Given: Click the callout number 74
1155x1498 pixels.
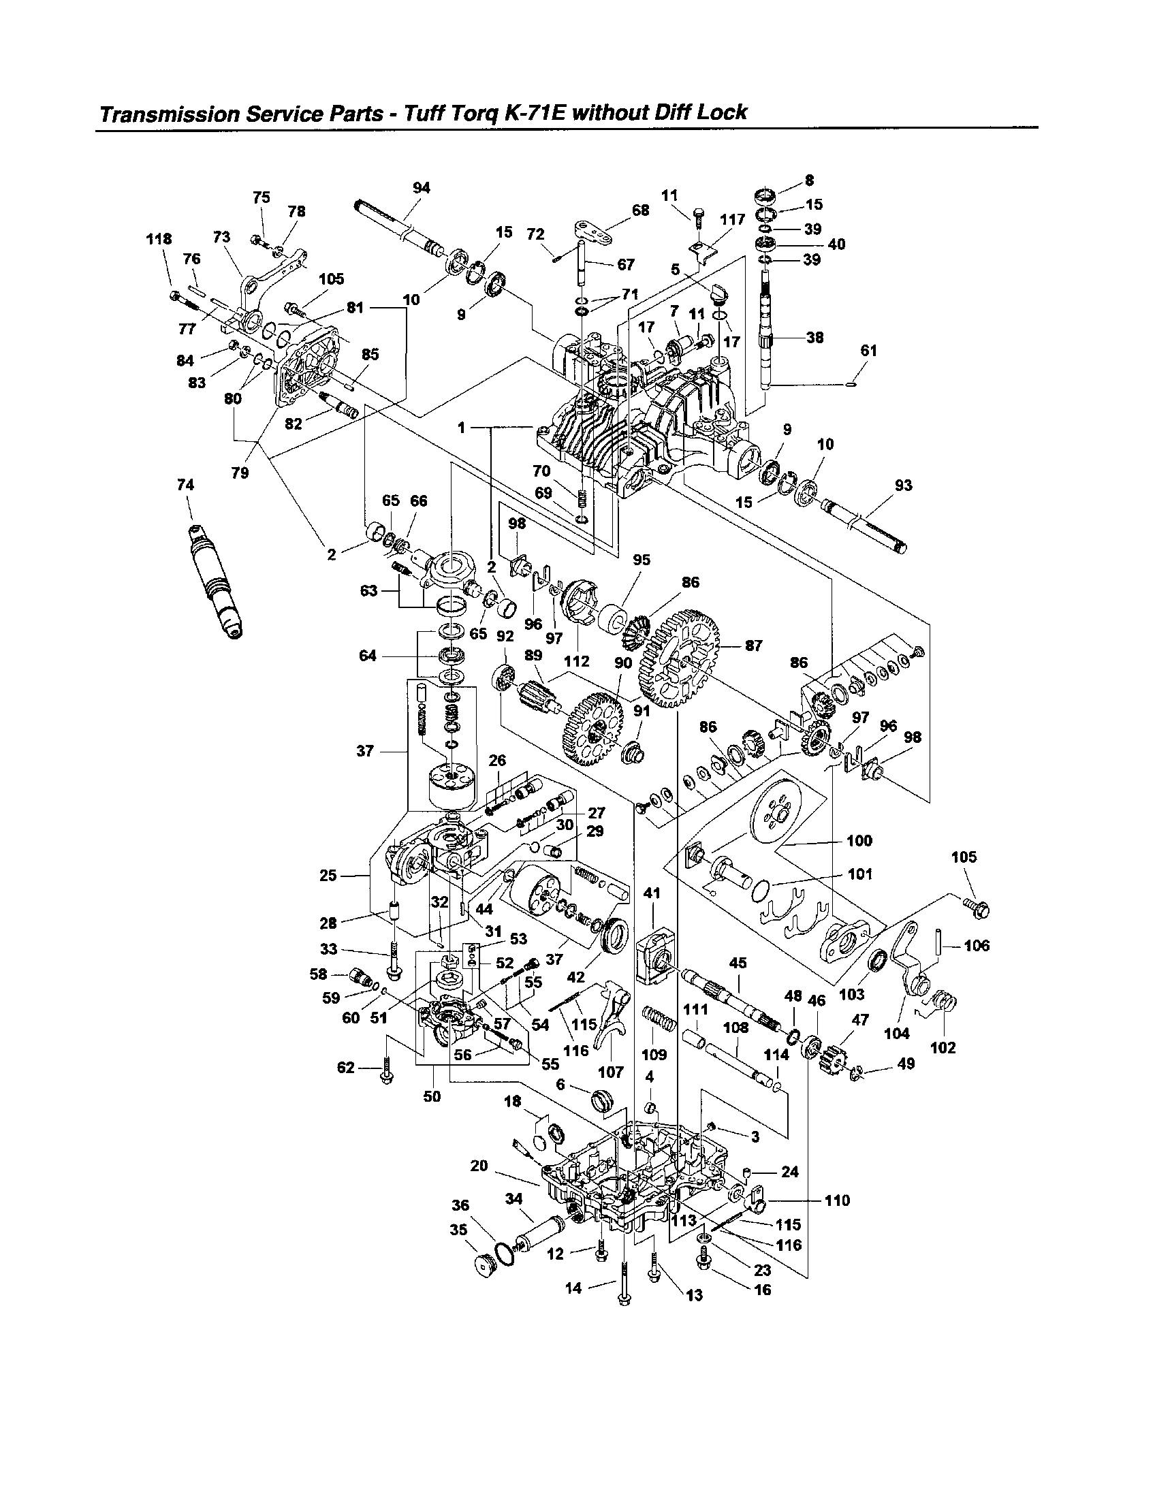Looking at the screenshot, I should pos(185,485).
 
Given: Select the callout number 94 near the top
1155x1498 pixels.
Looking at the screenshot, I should pos(421,188).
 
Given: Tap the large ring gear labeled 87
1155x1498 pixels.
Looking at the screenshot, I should pos(678,660).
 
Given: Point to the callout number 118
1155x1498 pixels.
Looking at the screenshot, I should pos(159,239).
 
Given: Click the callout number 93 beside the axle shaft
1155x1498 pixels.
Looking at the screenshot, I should pos(903,485).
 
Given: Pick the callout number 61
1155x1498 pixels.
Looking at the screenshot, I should pos(868,351).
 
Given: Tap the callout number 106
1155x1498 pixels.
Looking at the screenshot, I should pos(977,946).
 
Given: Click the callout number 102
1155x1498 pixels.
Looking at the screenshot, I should pos(943,1048).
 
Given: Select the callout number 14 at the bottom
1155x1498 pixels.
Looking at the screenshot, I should pos(573,1288).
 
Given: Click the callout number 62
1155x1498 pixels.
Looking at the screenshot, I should pos(346,1068).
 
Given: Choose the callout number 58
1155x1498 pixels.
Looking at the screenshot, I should pos(318,974).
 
